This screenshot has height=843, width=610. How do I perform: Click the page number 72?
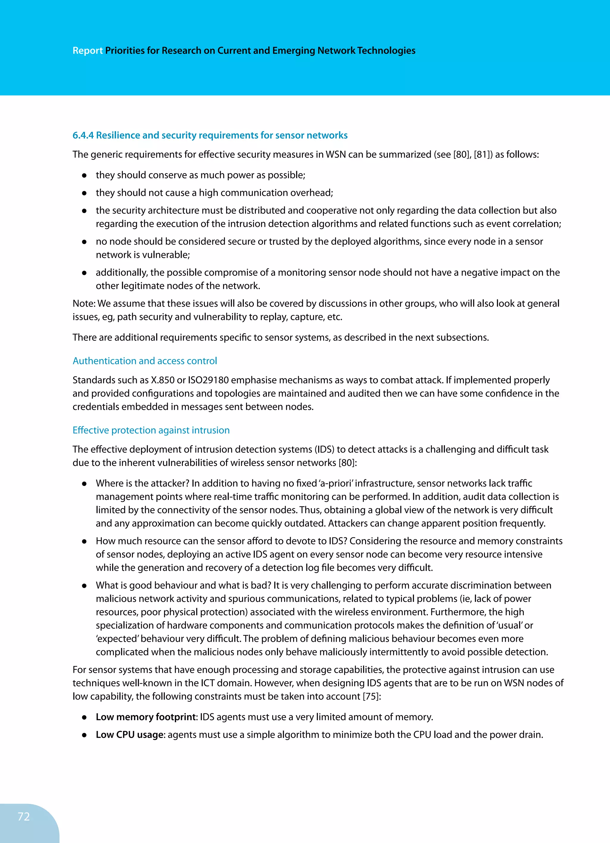24,816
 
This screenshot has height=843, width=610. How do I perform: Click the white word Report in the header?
87,51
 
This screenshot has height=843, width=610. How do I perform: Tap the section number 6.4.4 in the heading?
83,135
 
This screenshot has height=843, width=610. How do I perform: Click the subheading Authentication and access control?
144,361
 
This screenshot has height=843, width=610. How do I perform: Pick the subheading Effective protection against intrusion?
151,430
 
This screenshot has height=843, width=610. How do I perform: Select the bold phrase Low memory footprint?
146,717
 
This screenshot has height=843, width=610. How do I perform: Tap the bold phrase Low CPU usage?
130,735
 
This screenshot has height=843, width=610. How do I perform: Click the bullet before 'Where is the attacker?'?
84,484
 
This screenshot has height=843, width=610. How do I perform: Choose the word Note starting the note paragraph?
84,304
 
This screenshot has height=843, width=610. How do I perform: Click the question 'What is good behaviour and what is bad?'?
183,585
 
